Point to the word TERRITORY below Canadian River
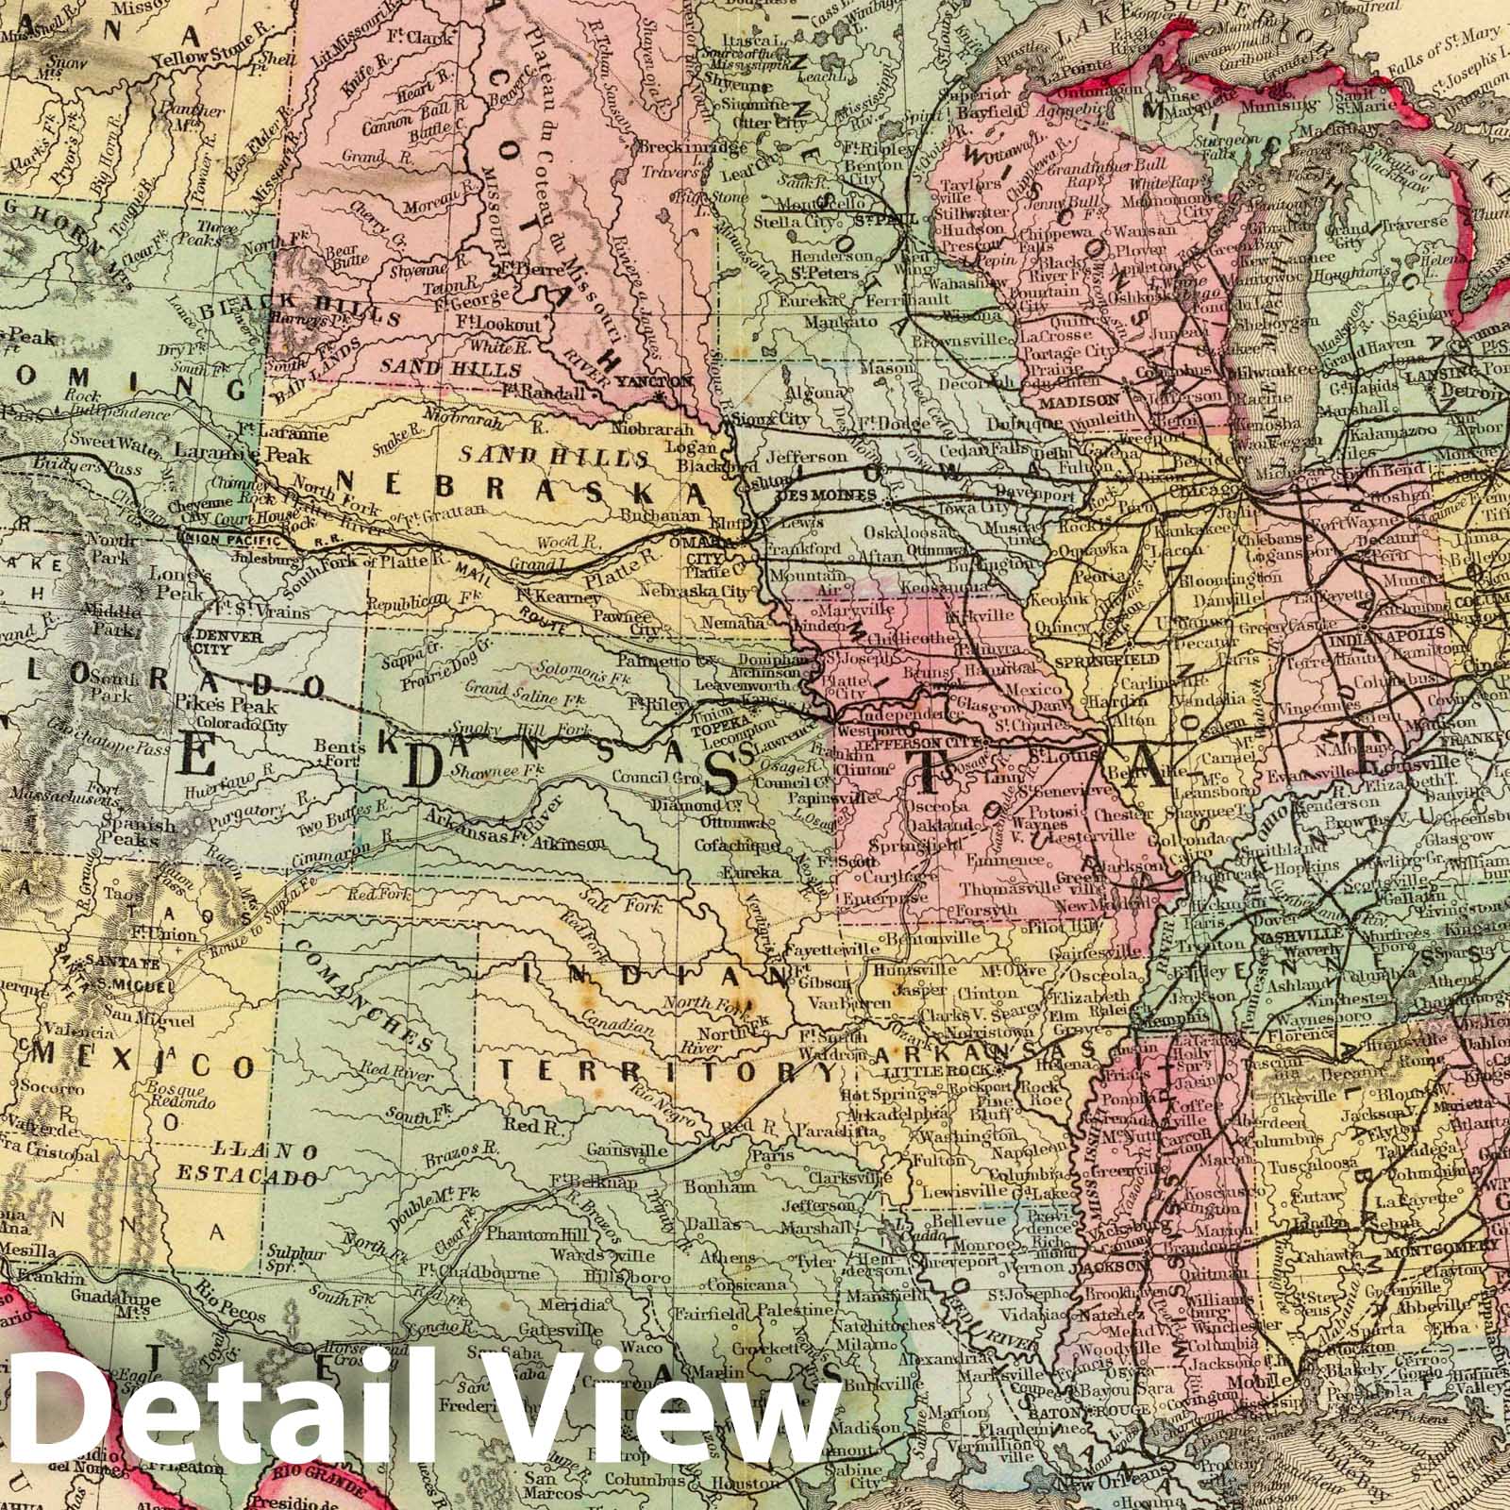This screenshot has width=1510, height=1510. (667, 1071)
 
